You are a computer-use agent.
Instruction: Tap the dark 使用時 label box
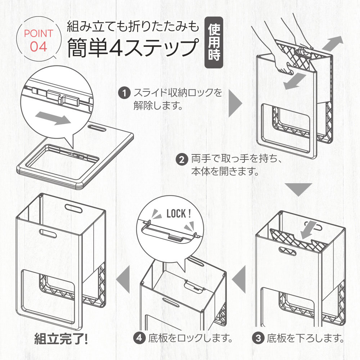click(213, 43)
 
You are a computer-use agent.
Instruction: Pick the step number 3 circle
click(258, 338)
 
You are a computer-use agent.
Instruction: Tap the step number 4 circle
click(139, 338)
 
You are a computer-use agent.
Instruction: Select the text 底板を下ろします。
click(305, 338)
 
